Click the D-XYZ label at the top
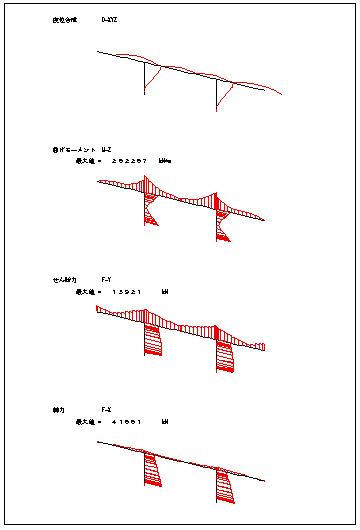[x=109, y=20]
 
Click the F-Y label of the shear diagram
[x=107, y=280]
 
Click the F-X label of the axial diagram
[x=107, y=410]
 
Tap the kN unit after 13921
[x=165, y=291]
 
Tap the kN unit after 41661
[x=165, y=421]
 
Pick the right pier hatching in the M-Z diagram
[x=221, y=224]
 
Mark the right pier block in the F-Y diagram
[x=222, y=355]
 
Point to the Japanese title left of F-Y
[x=63, y=280]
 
